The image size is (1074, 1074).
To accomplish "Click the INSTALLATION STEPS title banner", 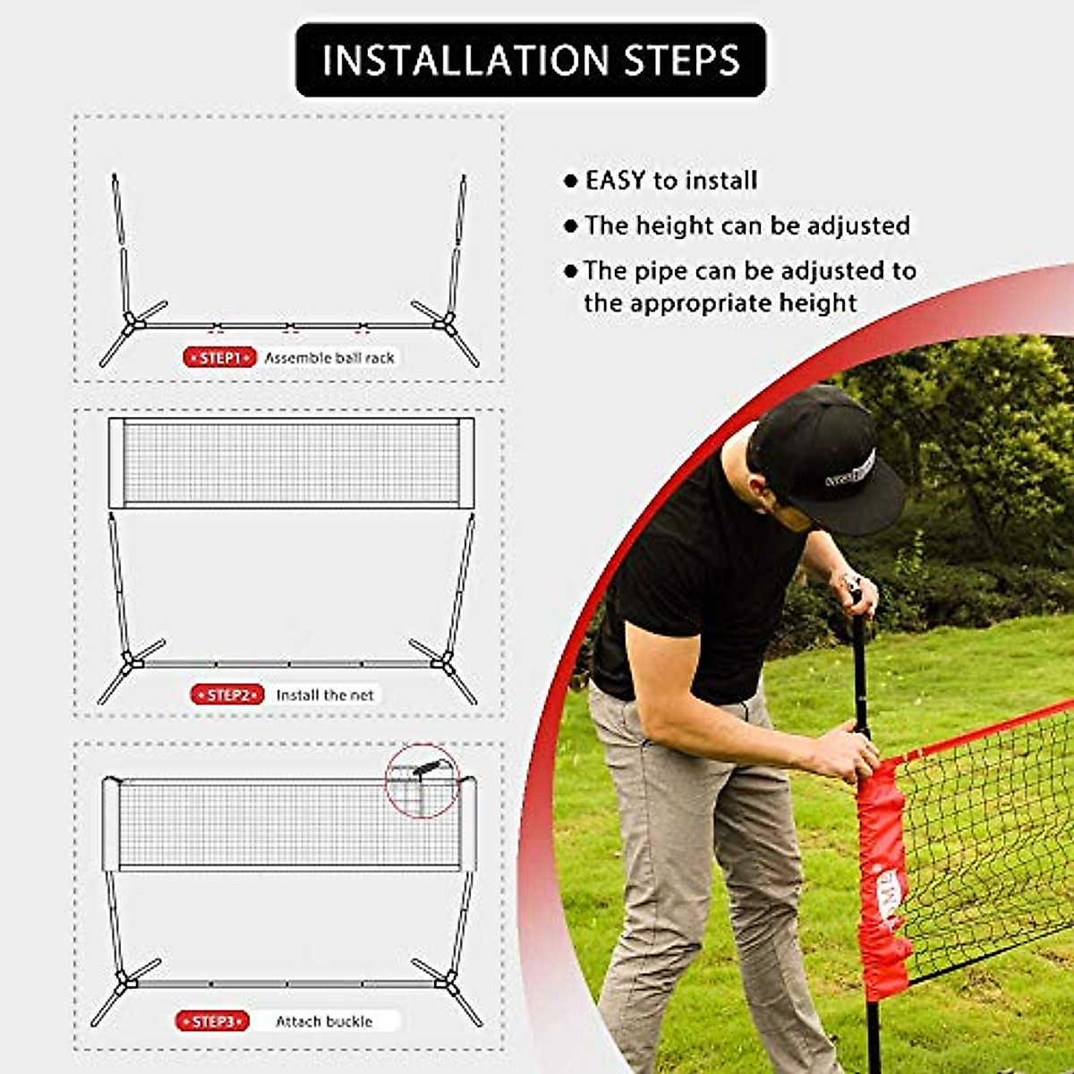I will pos(531,60).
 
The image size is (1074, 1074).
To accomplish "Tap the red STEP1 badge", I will pos(220,358).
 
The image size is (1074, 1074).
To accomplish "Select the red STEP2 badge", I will pos(227,695).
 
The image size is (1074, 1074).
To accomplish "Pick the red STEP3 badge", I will pos(213,1021).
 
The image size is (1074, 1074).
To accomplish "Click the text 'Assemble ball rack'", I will pos(329,358).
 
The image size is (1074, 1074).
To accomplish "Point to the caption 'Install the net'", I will pos(325,695).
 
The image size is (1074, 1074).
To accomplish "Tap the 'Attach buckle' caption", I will pos(324,1021).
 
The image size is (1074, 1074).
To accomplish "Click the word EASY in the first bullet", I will pos(615,181).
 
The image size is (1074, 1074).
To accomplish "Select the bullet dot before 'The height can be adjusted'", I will pos(571,226).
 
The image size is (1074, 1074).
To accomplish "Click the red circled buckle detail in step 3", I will pos(422,780).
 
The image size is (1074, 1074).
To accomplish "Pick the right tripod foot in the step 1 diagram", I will pos(447,326).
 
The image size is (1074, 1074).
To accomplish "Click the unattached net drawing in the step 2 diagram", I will pos(292,462).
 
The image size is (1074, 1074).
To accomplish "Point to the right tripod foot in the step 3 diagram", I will pos(447,985).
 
